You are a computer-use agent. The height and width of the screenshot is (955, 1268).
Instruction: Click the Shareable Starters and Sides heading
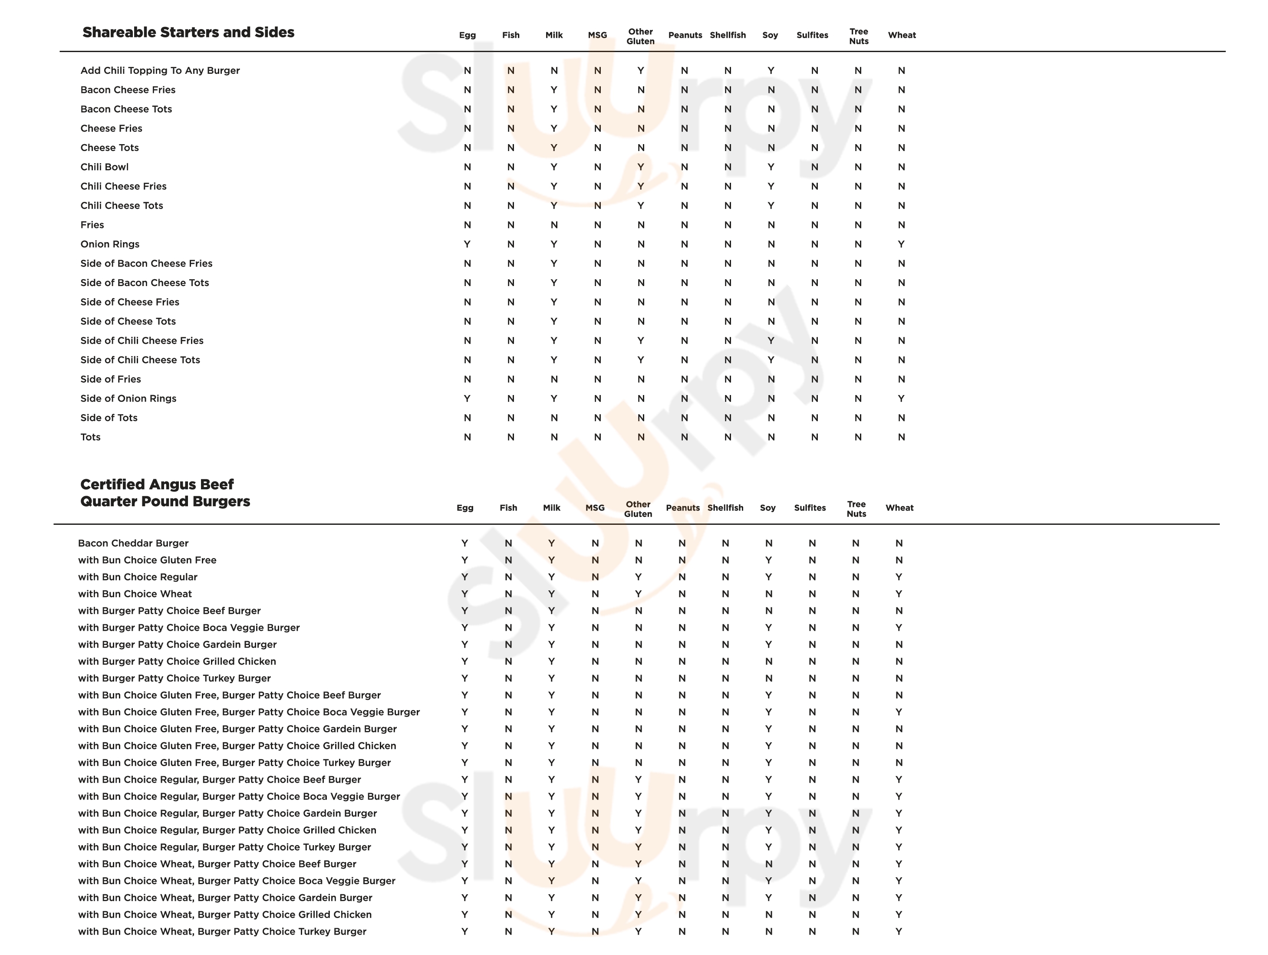tap(188, 32)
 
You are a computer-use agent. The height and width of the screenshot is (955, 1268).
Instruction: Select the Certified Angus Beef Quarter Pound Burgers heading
tap(165, 493)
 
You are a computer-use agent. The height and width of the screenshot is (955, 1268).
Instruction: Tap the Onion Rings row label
tap(109, 244)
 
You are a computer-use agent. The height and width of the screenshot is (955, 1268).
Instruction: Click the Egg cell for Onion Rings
tap(467, 244)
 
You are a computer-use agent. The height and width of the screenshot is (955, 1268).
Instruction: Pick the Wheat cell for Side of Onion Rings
tap(901, 398)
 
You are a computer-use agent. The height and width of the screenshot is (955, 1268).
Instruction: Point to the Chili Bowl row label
tap(104, 167)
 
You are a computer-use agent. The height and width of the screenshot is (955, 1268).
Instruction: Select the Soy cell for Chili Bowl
tap(771, 167)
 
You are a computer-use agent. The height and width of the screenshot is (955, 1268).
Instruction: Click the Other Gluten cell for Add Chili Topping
tap(640, 70)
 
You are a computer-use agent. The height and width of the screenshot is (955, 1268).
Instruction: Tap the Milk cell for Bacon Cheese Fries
tap(554, 90)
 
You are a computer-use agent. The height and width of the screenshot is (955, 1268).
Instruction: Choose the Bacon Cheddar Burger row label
tap(133, 543)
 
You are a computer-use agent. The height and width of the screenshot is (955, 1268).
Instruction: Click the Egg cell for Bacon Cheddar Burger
tap(464, 543)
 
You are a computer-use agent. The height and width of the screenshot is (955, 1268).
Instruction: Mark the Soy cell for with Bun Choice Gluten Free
tap(769, 560)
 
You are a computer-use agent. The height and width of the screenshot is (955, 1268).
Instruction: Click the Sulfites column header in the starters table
tap(812, 35)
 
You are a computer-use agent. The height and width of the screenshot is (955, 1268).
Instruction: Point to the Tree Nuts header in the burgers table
tap(856, 508)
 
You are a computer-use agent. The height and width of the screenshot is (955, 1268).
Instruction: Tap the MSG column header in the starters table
tap(597, 35)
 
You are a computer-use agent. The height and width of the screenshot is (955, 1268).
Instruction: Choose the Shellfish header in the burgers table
tap(725, 508)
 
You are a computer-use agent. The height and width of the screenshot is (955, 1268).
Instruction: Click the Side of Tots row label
tap(109, 418)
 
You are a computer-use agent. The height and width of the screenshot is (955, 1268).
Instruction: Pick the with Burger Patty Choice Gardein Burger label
tap(177, 644)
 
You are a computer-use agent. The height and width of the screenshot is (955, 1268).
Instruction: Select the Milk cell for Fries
tap(554, 225)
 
